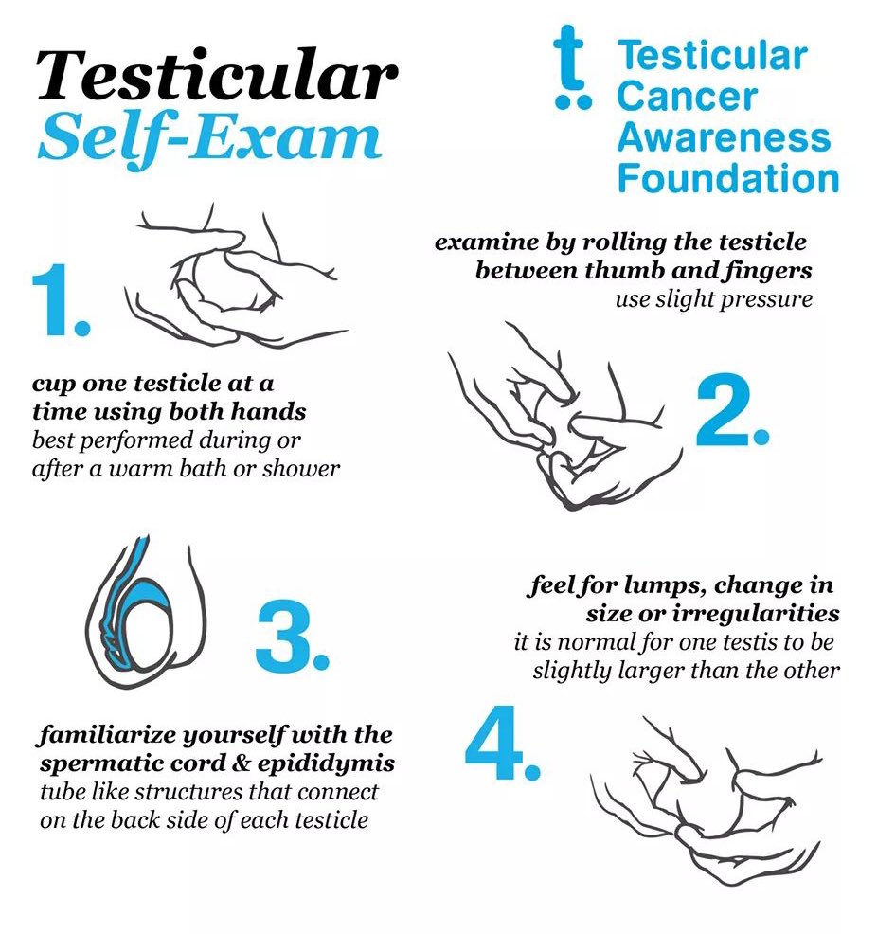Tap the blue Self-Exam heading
coord(209,136)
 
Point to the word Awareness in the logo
coord(724,138)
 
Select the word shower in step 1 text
coord(305,469)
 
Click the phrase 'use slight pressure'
coord(713,300)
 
